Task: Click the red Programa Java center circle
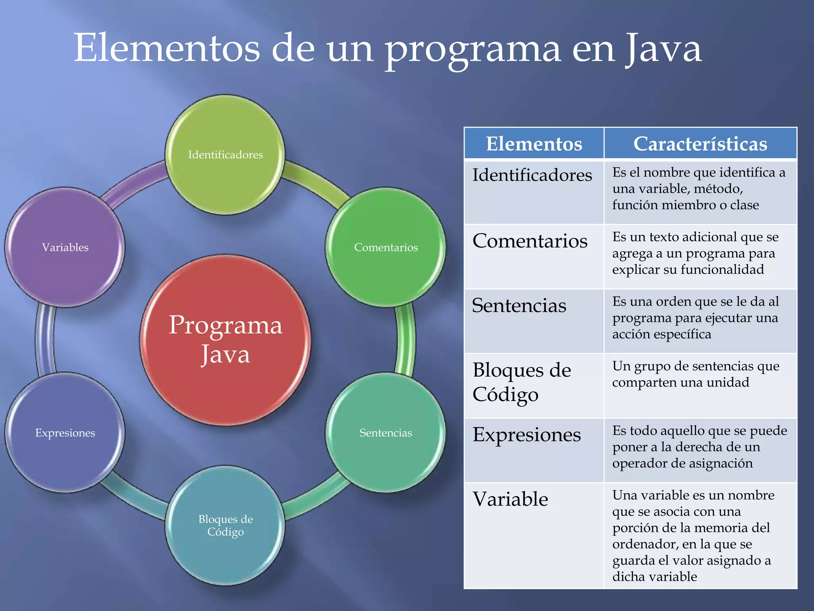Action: click(x=225, y=340)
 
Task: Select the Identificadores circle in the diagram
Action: click(x=225, y=155)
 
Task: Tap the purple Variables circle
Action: click(x=65, y=247)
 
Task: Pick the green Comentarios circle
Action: click(x=386, y=247)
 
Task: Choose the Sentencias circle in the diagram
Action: click(x=386, y=433)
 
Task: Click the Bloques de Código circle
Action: click(x=225, y=525)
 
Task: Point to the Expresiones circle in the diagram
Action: click(x=65, y=433)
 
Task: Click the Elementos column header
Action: click(x=534, y=144)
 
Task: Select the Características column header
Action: click(x=700, y=144)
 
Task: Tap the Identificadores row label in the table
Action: click(x=532, y=175)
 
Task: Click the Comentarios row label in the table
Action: click(x=530, y=241)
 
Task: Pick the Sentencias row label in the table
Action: click(x=519, y=305)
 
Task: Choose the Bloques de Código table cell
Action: click(x=522, y=382)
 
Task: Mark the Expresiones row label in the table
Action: click(x=527, y=435)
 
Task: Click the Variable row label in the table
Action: click(x=510, y=499)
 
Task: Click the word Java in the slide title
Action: click(x=663, y=49)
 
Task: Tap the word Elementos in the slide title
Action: click(x=167, y=49)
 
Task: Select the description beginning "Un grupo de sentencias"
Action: click(x=696, y=374)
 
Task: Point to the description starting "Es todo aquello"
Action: click(x=700, y=447)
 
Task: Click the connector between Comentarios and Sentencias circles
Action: click(x=405, y=340)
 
